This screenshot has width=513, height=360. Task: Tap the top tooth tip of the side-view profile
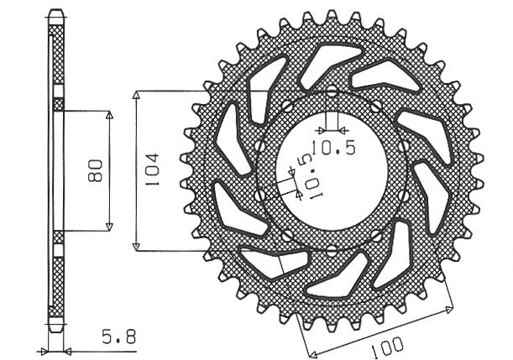(x=56, y=13)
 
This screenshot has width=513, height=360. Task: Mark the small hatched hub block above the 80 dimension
(x=58, y=104)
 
